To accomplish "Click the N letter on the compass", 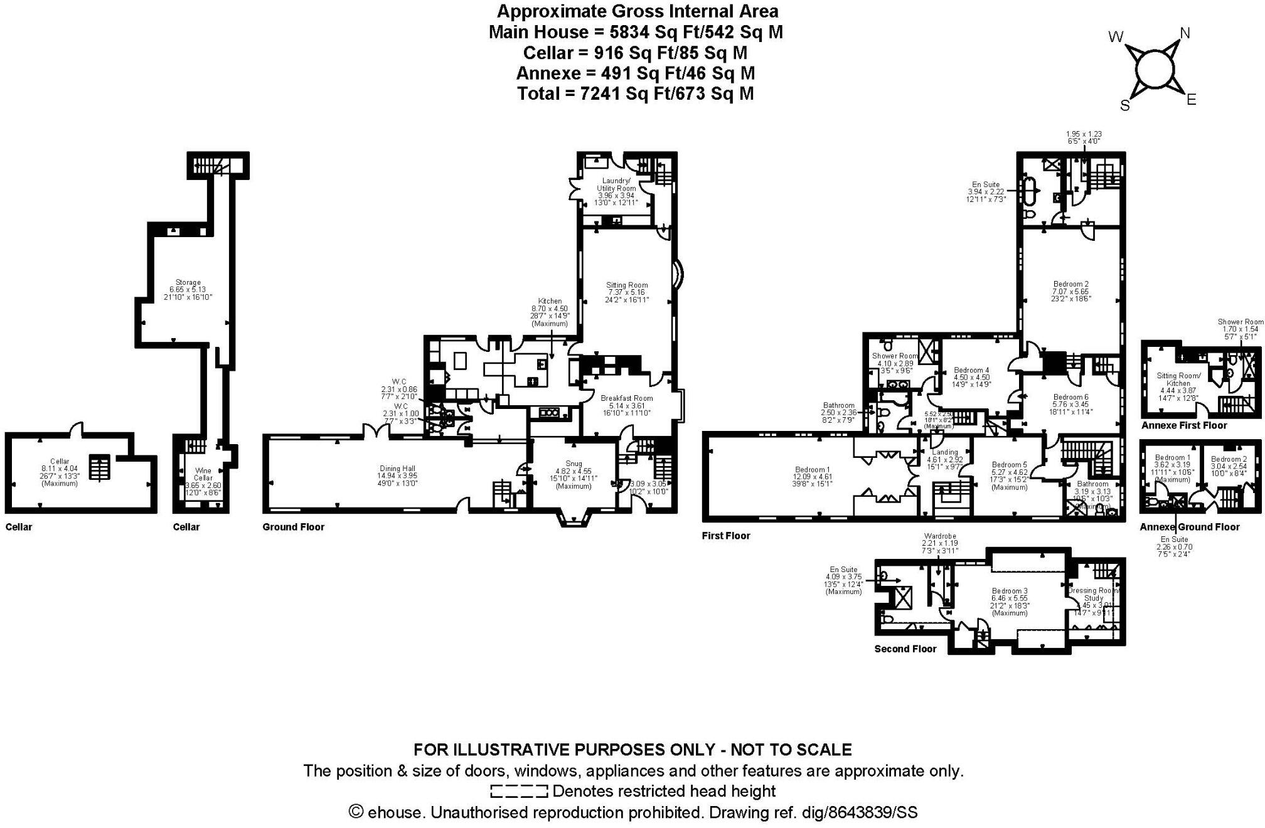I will tap(1185, 33).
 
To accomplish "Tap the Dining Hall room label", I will tap(398, 469).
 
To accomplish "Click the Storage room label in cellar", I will tap(188, 283).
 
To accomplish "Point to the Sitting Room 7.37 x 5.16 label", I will tap(627, 285).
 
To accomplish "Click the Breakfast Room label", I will tap(626, 398).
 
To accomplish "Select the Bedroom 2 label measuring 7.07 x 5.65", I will tap(1070, 284).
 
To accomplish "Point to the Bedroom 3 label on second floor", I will tap(1010, 591).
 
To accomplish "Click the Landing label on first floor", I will tap(945, 452).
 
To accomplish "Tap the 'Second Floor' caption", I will tap(905, 649).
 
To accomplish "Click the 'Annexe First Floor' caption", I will tap(1183, 425).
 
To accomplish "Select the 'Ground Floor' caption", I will tap(293, 527).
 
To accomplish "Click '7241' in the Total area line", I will tap(601, 93).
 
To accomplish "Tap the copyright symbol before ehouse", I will tap(356, 812).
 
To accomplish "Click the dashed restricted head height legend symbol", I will tap(519, 791).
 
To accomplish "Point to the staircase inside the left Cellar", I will tap(99, 467).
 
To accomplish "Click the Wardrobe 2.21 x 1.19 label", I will tap(939, 536).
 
